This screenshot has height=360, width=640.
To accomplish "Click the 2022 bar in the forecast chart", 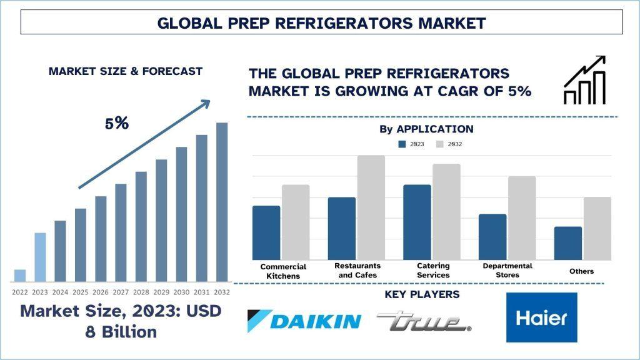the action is click(x=20, y=276).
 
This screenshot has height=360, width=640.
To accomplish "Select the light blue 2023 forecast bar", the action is click(x=40, y=257).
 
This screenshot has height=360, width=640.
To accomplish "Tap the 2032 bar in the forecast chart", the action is click(x=222, y=202).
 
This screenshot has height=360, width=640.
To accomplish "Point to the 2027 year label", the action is click(x=121, y=292).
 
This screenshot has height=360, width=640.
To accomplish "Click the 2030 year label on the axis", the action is click(x=181, y=292).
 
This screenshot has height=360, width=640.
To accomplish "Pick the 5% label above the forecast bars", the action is click(x=117, y=123).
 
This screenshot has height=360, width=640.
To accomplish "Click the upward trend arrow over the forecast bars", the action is click(x=144, y=144).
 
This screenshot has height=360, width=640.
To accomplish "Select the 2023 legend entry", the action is click(x=411, y=144).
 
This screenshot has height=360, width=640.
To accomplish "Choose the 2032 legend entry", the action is click(x=449, y=144).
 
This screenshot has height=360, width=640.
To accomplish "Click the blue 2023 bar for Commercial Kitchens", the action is click(x=266, y=232).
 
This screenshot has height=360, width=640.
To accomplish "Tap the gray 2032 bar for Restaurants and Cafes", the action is click(x=371, y=207).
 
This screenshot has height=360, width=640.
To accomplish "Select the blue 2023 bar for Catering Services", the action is click(x=417, y=222).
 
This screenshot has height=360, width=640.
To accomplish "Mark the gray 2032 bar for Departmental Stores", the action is click(x=522, y=218).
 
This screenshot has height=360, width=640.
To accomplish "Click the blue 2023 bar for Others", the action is click(x=568, y=243).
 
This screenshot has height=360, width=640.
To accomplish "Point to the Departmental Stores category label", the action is click(x=507, y=270).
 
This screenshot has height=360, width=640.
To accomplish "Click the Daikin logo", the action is click(x=304, y=321).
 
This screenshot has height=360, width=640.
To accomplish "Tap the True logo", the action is click(x=424, y=321).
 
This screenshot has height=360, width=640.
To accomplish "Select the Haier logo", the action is click(x=542, y=317).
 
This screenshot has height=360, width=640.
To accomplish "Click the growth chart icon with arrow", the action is click(x=584, y=79).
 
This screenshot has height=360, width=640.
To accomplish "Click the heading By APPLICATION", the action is click(x=426, y=129).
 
